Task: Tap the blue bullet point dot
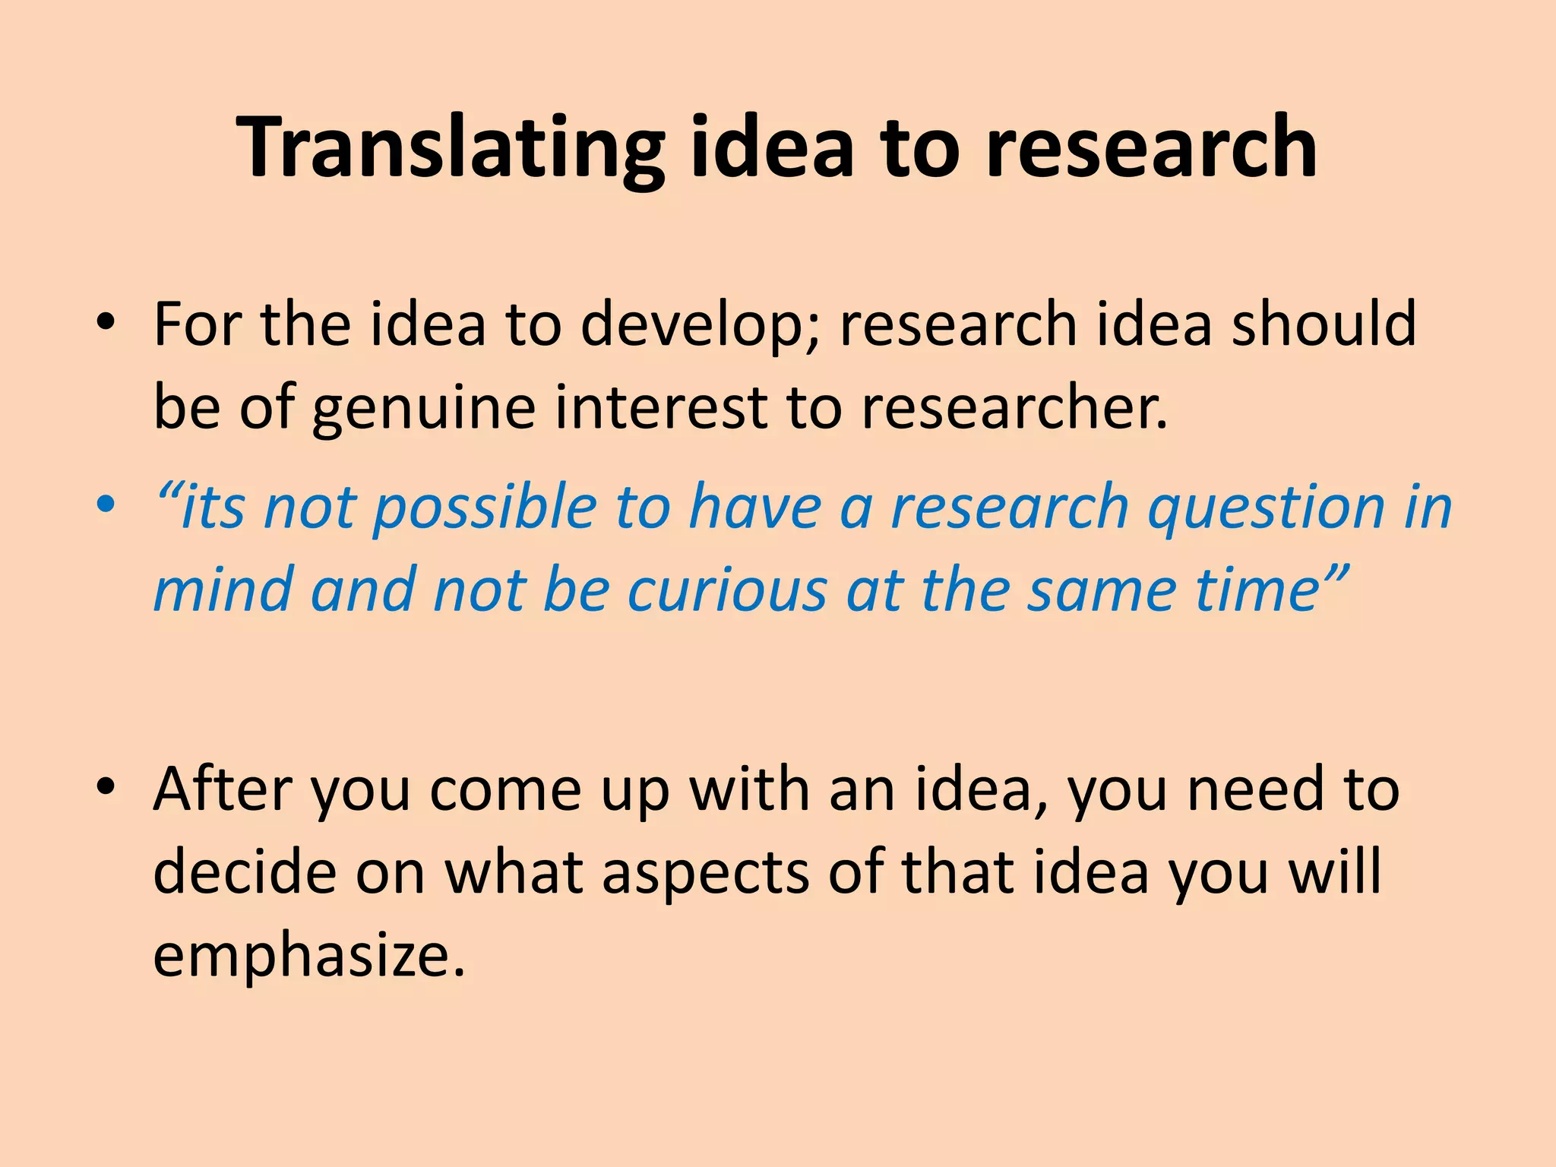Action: click(x=106, y=504)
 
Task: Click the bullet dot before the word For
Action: click(x=106, y=322)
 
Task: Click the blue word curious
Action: click(x=727, y=590)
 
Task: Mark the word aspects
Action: click(x=706, y=874)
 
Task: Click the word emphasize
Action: click(x=308, y=956)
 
